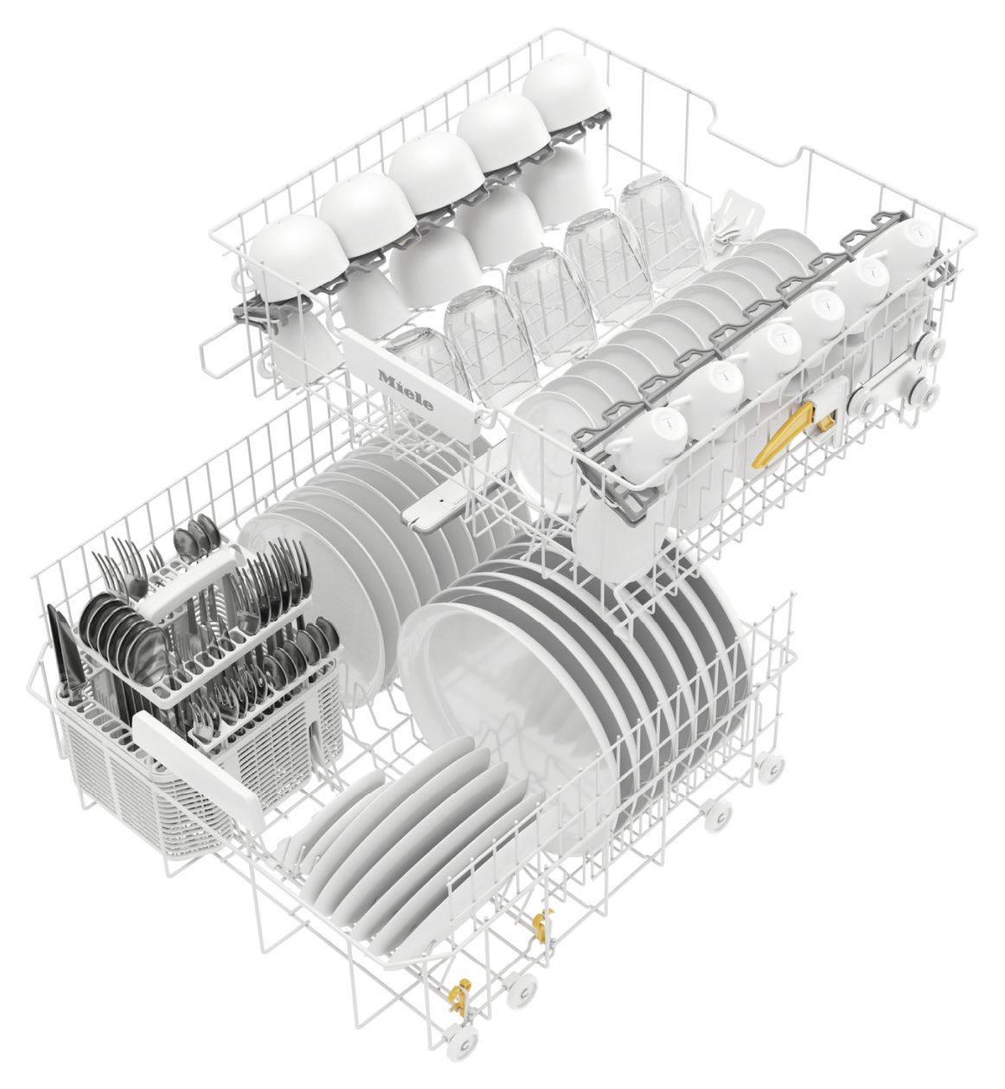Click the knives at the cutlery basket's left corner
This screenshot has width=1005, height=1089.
[61, 650]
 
